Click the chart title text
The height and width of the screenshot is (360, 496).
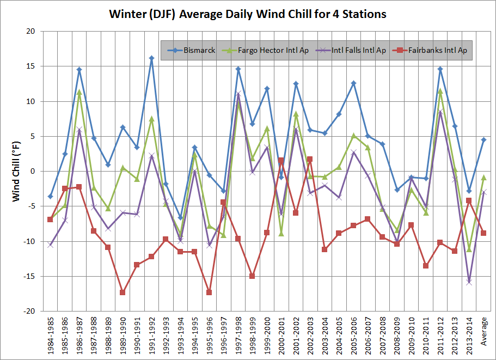(x=248, y=14)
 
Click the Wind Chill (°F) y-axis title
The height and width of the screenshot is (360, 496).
(x=16, y=171)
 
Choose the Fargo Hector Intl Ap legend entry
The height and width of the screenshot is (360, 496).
(x=273, y=51)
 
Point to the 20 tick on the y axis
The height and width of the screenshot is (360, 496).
(x=32, y=32)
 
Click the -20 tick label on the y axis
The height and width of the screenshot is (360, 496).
(x=29, y=311)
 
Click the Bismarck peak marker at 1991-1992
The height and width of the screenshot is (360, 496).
(x=151, y=58)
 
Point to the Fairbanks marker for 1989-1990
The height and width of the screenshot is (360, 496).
(x=123, y=292)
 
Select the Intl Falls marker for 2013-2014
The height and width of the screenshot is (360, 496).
(x=469, y=282)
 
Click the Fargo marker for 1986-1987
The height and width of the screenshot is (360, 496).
(x=79, y=92)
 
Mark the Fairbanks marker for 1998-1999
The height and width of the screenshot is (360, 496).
(x=252, y=276)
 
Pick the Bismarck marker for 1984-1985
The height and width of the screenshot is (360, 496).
(x=50, y=196)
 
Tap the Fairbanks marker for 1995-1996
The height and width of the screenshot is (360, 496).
(x=209, y=292)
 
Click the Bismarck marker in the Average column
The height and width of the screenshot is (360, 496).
(x=483, y=139)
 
